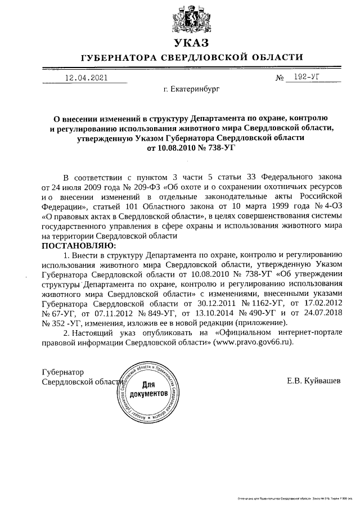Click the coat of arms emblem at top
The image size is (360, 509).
(192, 20)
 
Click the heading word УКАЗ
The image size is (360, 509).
(192, 43)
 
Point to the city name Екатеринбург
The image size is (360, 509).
(191, 89)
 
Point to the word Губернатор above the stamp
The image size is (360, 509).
(63, 372)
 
